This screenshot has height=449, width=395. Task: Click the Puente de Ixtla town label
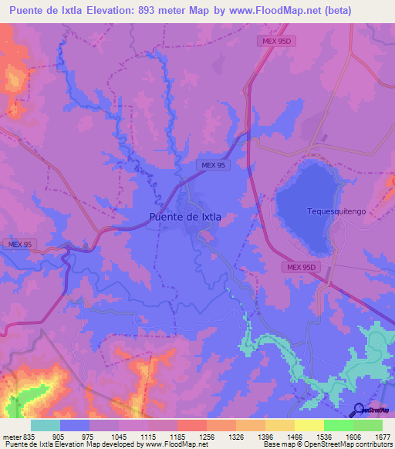click(x=184, y=217)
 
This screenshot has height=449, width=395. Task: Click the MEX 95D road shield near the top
click(x=275, y=42)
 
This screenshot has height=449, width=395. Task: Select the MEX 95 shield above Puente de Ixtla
click(x=211, y=165)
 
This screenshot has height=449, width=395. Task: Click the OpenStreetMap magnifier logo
click(x=360, y=410)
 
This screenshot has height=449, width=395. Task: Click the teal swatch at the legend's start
click(x=45, y=425)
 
